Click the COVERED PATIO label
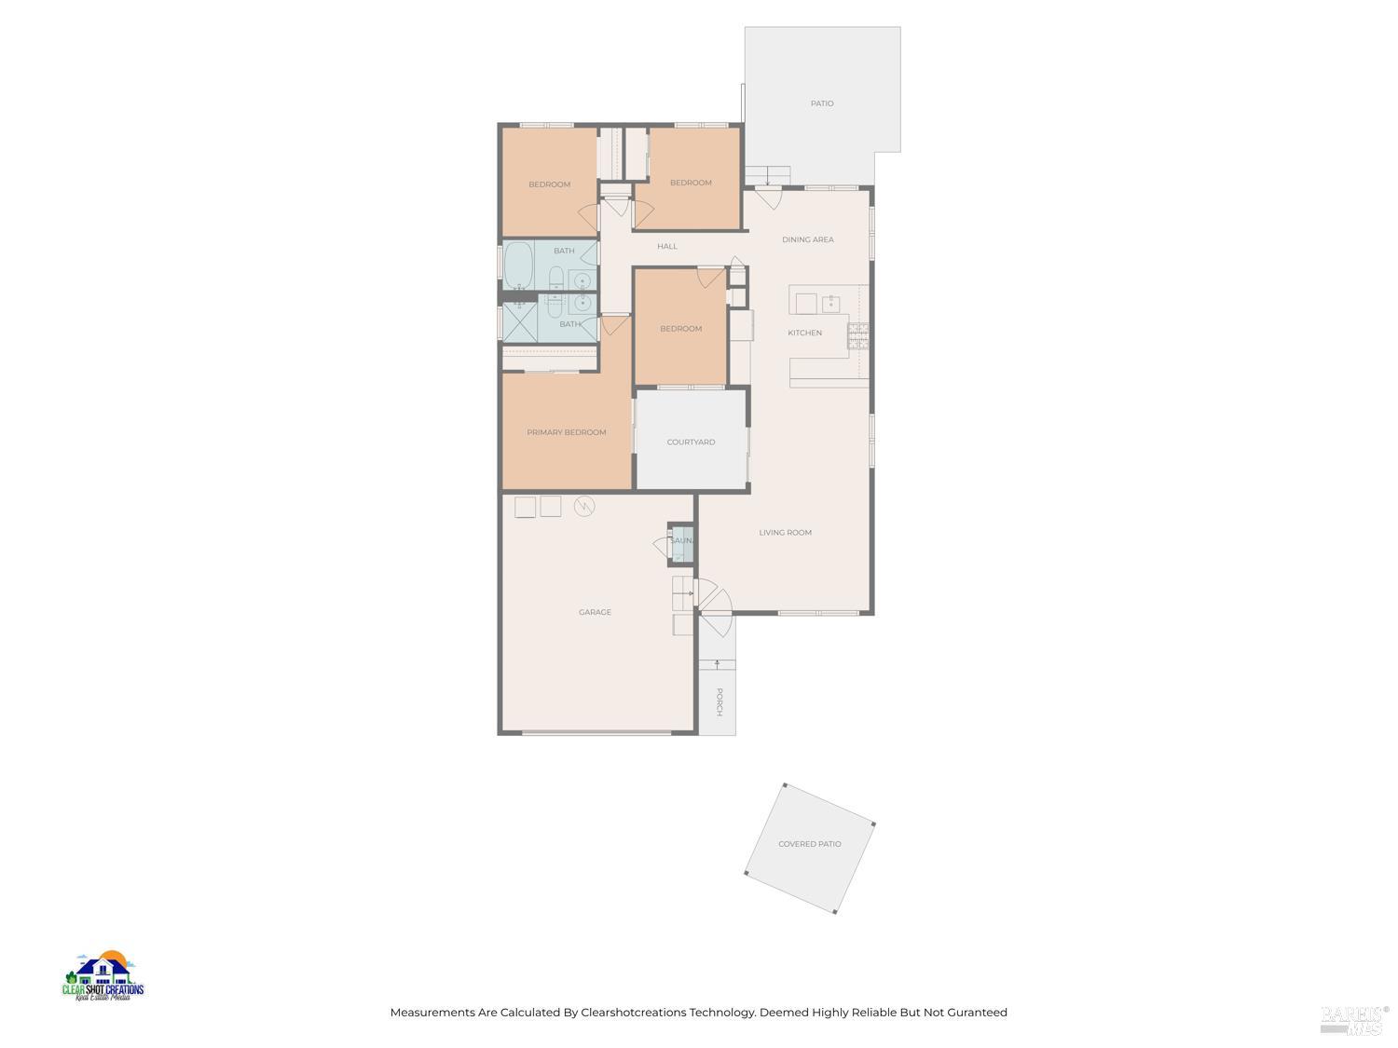pyautogui.click(x=809, y=844)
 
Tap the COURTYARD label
pyautogui.click(x=691, y=442)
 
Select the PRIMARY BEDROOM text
pyautogui.click(x=566, y=432)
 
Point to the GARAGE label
pyautogui.click(x=595, y=612)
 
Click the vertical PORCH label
pyautogui.click(x=719, y=701)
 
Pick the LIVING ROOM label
pyautogui.click(x=785, y=533)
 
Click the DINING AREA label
pyautogui.click(x=807, y=239)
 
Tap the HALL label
pyautogui.click(x=666, y=247)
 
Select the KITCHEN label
pyautogui.click(x=804, y=333)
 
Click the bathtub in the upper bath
pyautogui.click(x=518, y=266)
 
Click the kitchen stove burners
pyautogui.click(x=857, y=335)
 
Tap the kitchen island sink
pyautogui.click(x=830, y=304)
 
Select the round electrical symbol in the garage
pyautogui.click(x=584, y=506)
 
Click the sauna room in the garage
pyautogui.click(x=682, y=543)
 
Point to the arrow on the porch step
pyautogui.click(x=717, y=664)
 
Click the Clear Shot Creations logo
pyautogui.click(x=103, y=977)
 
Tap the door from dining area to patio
pyautogui.click(x=768, y=197)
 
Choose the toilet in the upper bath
pyautogui.click(x=556, y=277)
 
